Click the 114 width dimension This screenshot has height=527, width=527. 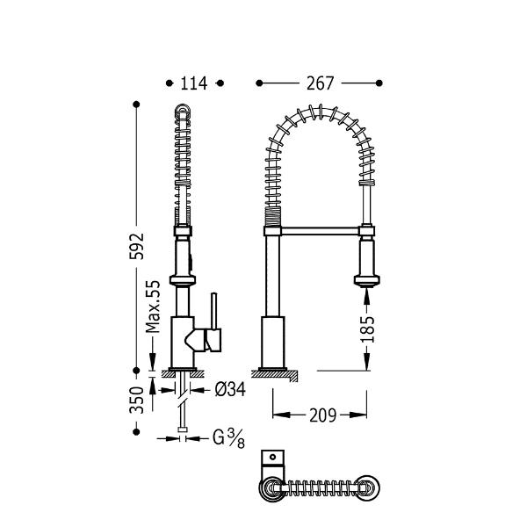[194, 83]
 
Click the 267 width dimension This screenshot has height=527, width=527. [320, 83]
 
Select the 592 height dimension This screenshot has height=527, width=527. [137, 246]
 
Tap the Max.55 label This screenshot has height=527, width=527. [153, 307]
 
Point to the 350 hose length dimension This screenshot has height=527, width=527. [137, 400]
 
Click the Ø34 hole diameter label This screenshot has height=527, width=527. [230, 390]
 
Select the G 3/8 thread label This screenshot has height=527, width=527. [228, 438]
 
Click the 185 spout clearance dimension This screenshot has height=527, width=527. [367, 329]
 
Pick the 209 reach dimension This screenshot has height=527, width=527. [322, 415]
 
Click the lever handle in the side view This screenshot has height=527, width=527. [213, 322]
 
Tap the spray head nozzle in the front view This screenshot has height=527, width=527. [366, 281]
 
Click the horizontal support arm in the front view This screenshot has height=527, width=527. [320, 231]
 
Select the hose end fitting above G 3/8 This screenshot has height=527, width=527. [183, 430]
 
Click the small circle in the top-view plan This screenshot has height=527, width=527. [272, 457]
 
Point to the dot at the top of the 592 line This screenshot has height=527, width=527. [136, 105]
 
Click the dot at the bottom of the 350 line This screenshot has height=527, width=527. [136, 432]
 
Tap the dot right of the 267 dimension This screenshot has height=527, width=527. [379, 83]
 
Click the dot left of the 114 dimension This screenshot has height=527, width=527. [170, 83]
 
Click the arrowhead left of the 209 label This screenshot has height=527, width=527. [281, 415]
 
